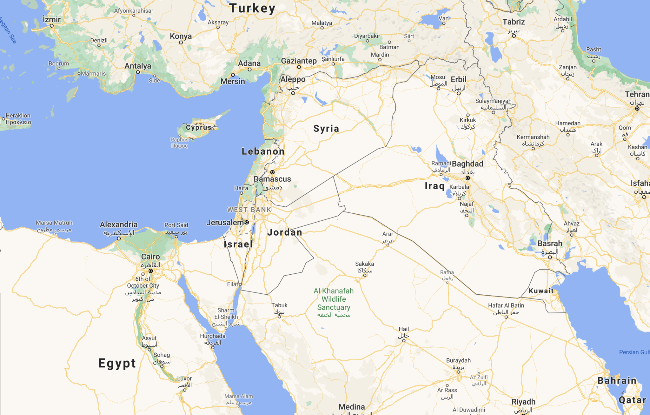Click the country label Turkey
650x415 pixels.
(252, 8)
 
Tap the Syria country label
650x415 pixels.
(326, 129)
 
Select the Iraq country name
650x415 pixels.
(434, 186)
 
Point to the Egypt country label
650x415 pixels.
(117, 363)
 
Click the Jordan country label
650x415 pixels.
(285, 232)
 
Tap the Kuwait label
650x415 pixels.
(541, 291)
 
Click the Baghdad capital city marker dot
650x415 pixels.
(468, 178)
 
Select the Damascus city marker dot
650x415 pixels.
(272, 172)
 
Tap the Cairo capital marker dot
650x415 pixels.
(151, 271)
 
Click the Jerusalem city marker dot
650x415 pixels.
(247, 222)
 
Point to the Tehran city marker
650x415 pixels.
(637, 109)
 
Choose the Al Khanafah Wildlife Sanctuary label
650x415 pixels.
(334, 299)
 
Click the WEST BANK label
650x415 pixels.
(249, 210)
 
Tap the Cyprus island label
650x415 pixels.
(199, 128)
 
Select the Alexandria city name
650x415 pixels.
(119, 225)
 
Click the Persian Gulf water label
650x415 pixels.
(634, 352)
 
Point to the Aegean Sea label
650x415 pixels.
(8, 30)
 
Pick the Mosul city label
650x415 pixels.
(439, 77)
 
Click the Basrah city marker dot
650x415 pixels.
(550, 257)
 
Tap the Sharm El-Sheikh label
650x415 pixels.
(226, 314)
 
